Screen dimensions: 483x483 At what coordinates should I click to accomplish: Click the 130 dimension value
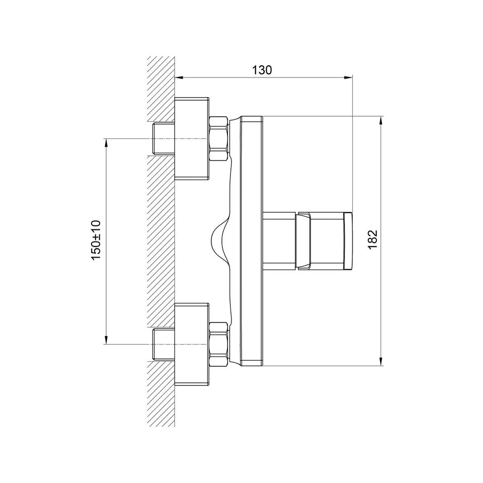[x=262, y=70]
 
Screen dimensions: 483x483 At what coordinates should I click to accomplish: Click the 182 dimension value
[x=372, y=239]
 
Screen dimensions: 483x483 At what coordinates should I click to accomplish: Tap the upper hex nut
[x=218, y=138]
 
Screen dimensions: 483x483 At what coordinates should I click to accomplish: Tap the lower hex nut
[x=218, y=344]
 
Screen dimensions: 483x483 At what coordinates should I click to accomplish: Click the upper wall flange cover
[x=192, y=138]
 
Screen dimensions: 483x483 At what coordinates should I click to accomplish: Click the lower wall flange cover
[x=192, y=344]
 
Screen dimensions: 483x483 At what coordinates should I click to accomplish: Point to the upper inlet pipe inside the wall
[x=164, y=138]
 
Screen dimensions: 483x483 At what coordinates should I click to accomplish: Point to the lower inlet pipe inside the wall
[x=164, y=344]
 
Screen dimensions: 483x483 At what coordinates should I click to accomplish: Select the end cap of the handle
[x=348, y=241]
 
